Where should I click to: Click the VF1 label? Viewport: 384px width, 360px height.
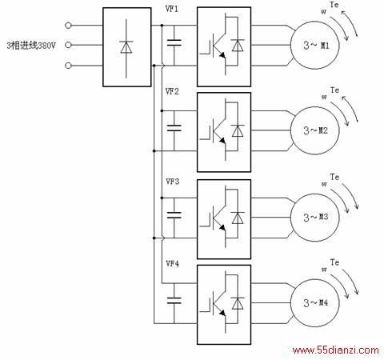[x=172, y=9]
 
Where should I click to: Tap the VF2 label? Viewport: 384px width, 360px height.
[x=172, y=91]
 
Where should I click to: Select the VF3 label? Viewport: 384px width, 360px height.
[x=173, y=182]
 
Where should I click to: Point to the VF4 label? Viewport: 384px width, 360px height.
[x=173, y=264]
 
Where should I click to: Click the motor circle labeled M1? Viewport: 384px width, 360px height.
[x=290, y=46]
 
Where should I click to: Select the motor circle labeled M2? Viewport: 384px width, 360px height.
[x=290, y=130]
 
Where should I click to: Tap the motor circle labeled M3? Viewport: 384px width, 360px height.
[x=290, y=218]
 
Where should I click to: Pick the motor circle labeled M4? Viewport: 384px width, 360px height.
[x=290, y=303]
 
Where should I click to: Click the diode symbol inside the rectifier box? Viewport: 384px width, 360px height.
[x=126, y=47]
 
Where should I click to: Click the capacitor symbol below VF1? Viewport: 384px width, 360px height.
[x=174, y=42]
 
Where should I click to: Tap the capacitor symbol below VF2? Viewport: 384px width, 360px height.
[x=174, y=128]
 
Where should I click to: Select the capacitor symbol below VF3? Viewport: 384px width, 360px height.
[x=174, y=215]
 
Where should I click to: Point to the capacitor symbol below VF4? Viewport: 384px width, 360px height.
[x=174, y=301]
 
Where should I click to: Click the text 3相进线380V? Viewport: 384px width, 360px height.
[x=31, y=46]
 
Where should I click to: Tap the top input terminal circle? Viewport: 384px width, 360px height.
[x=68, y=26]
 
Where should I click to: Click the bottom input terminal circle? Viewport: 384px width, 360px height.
[x=68, y=66]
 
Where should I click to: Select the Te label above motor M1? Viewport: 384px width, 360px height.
[x=334, y=5]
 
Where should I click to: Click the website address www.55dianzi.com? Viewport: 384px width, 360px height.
[x=335, y=350]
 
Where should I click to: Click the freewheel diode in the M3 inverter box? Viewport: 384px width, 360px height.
[x=238, y=218]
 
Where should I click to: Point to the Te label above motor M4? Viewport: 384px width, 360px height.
[x=334, y=262]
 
